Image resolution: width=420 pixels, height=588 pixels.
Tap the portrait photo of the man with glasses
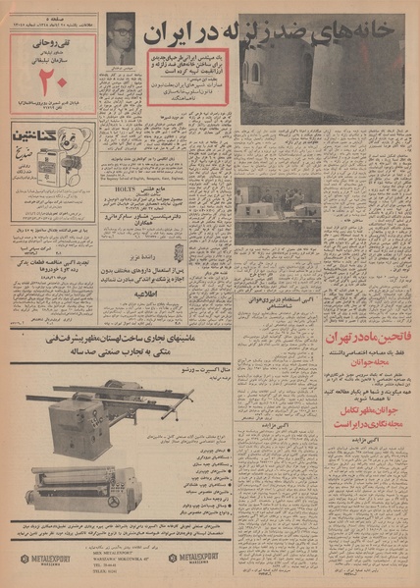[x=121, y=40]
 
